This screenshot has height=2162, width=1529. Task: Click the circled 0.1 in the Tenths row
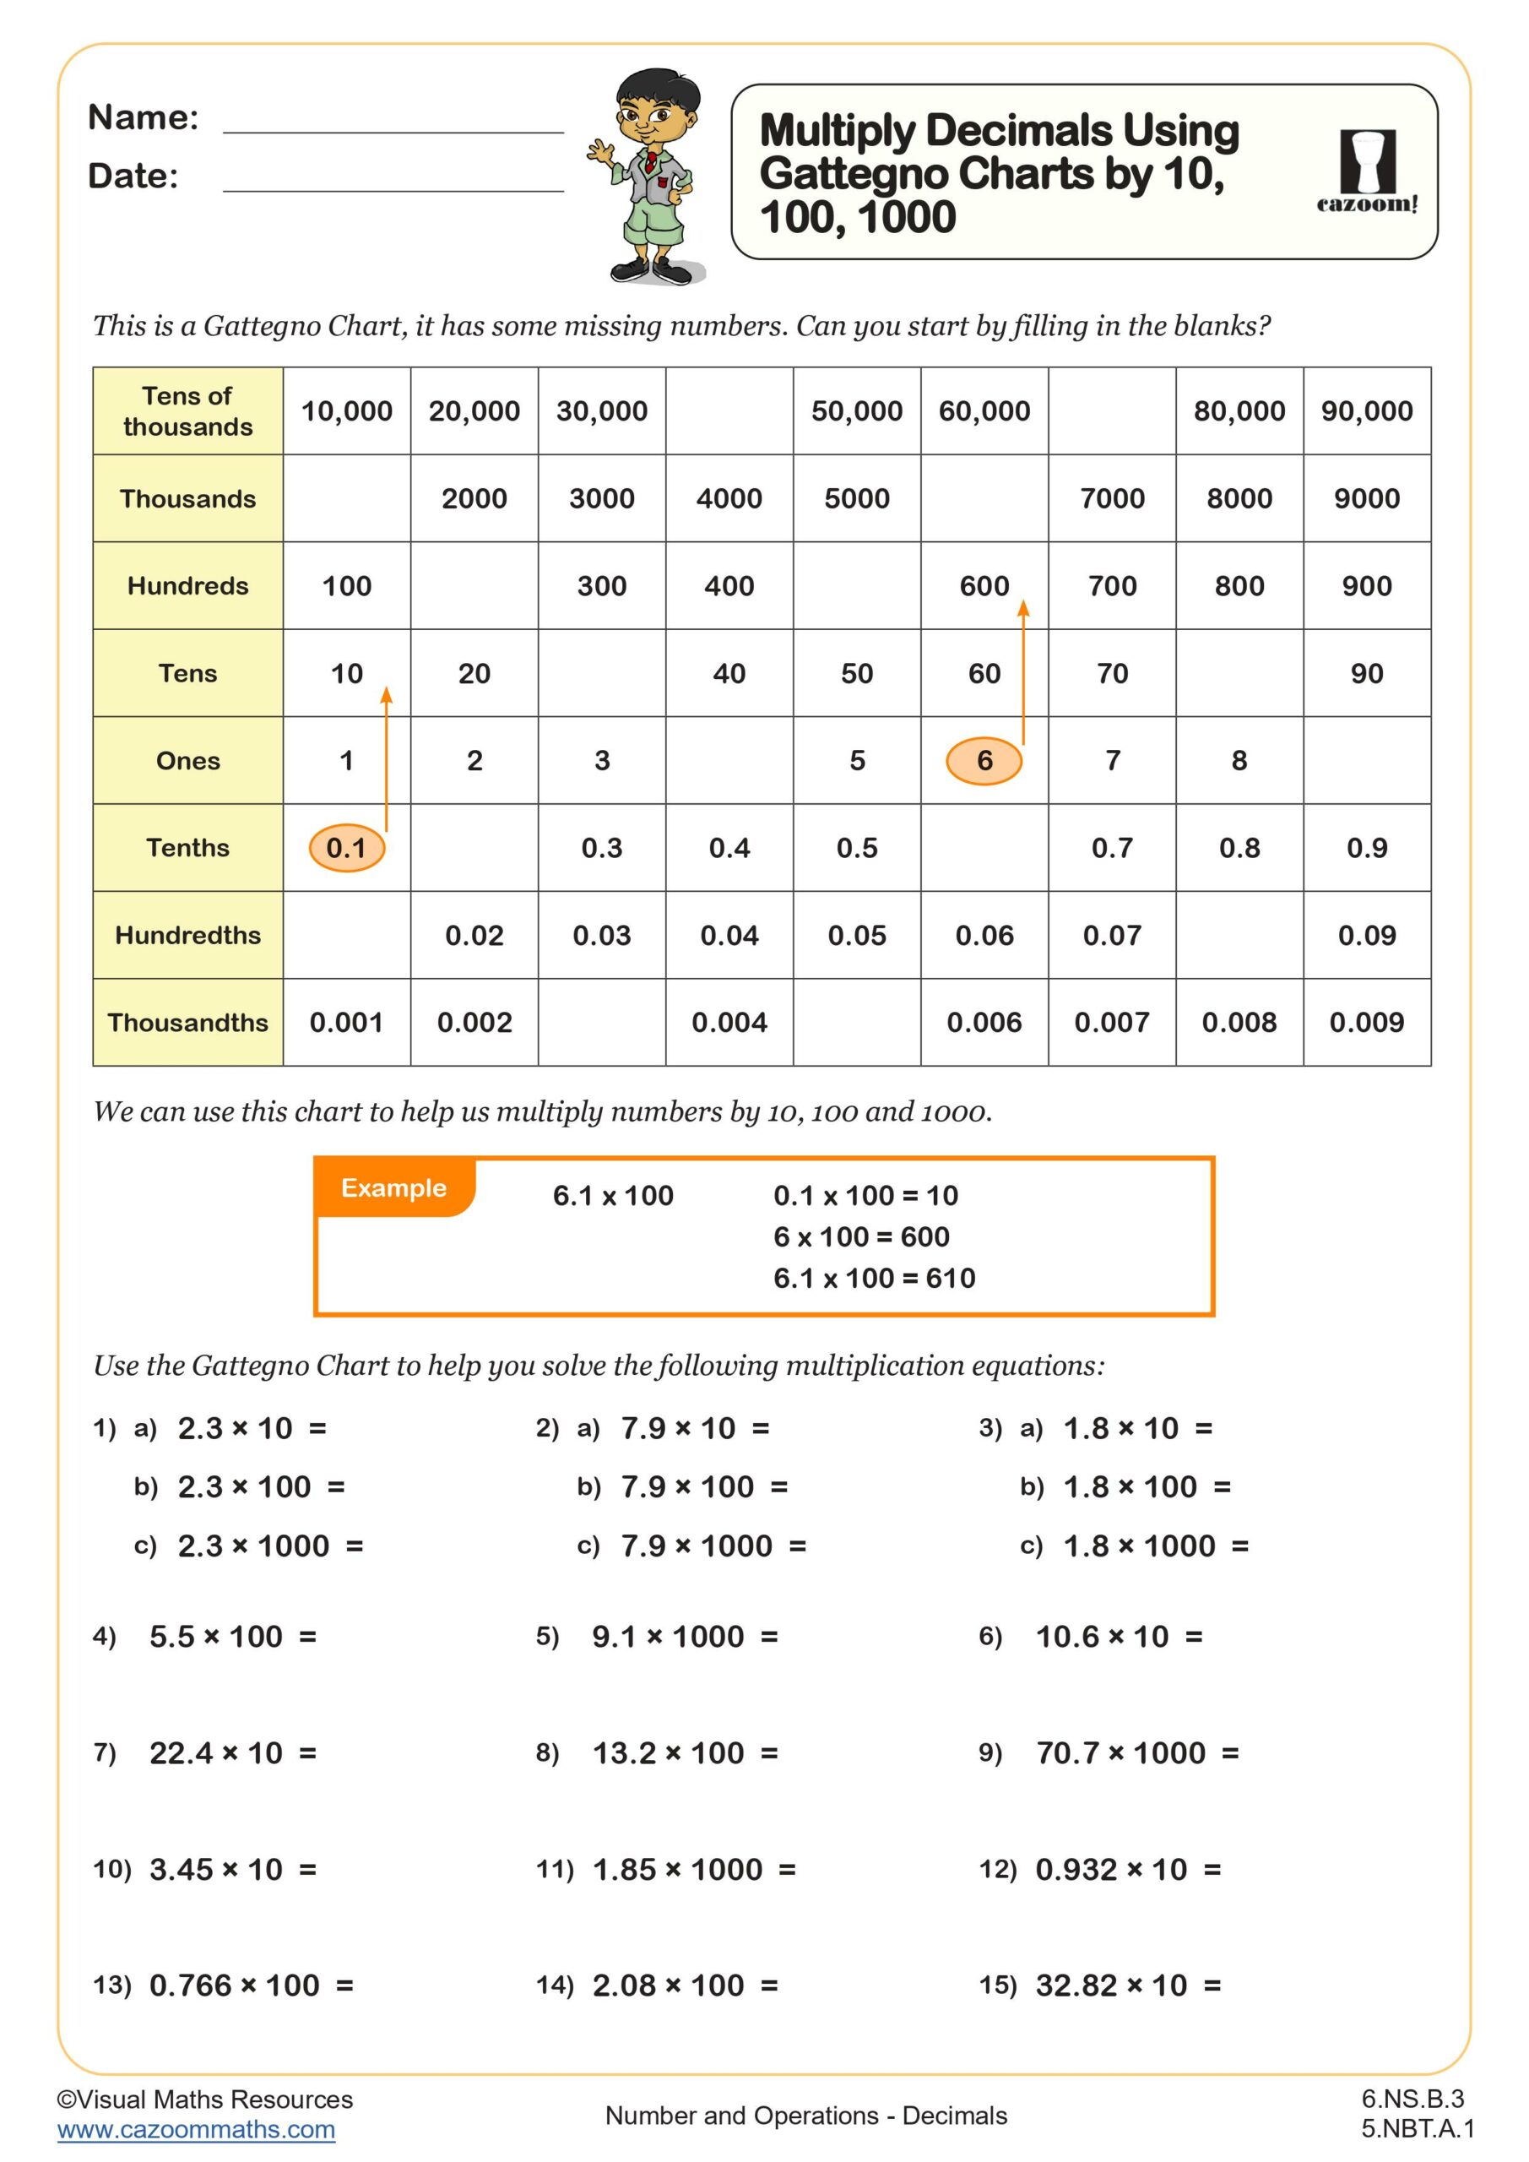pyautogui.click(x=346, y=847)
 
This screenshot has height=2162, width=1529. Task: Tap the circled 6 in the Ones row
pyautogui.click(x=984, y=760)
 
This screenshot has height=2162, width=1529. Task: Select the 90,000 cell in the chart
pyautogui.click(x=1366, y=410)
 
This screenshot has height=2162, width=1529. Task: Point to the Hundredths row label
pyautogui.click(x=187, y=935)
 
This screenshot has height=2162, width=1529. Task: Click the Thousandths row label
pyautogui.click(x=187, y=1023)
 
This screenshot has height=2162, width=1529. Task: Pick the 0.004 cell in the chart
pyautogui.click(x=729, y=1023)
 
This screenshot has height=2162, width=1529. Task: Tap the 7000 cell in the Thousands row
pyautogui.click(x=1112, y=498)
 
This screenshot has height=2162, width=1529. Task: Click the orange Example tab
pyautogui.click(x=393, y=1188)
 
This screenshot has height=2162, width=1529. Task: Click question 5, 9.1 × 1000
pyautogui.click(x=685, y=1637)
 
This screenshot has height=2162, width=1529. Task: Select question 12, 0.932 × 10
pyautogui.click(x=1128, y=1869)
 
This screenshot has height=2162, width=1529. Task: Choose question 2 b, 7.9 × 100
pyautogui.click(x=703, y=1487)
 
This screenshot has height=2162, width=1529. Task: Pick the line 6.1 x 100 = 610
pyautogui.click(x=874, y=1278)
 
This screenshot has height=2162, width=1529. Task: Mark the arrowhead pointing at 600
pyautogui.click(x=1023, y=609)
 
